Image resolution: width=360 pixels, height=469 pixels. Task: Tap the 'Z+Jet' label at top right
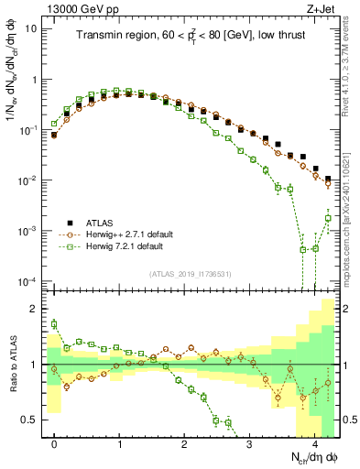[322, 8]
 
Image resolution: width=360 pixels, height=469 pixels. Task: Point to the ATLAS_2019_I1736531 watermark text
[191, 274]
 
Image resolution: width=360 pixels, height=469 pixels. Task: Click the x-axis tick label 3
[250, 442]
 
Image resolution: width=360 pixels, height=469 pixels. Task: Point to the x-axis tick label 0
[54, 442]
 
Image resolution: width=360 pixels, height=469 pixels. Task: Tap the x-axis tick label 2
[185, 442]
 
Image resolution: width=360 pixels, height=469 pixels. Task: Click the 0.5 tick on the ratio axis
[32, 420]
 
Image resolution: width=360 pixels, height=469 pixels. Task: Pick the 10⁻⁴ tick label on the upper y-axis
[29, 280]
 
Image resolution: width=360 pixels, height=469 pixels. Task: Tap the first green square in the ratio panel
[54, 323]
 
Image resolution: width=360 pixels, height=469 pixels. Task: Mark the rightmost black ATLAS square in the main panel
[328, 179]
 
